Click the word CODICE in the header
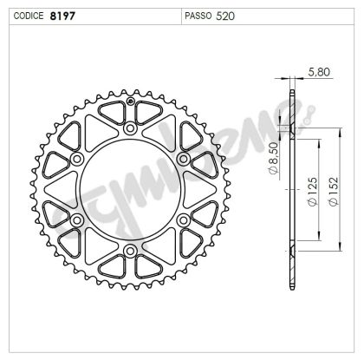[25, 16]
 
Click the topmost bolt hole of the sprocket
[130, 128]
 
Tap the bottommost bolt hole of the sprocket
[130, 252]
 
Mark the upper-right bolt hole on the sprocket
[183, 160]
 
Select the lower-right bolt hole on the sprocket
[183, 220]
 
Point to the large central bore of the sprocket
[130, 190]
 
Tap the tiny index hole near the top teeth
[130, 101]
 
